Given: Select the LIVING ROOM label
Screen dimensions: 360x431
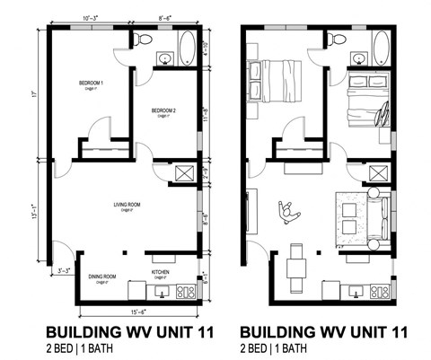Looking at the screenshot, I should pos(126,205).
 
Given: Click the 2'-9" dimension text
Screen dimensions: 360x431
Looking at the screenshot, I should pos(206,174).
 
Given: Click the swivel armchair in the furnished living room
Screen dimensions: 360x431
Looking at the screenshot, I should pos(288,212).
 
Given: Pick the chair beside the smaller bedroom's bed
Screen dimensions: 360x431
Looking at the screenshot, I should pos(383,116).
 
